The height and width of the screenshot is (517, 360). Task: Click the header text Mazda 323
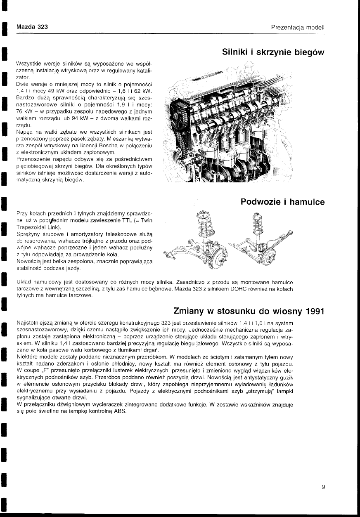click(x=32, y=27)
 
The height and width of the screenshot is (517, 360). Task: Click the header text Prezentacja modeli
click(x=298, y=27)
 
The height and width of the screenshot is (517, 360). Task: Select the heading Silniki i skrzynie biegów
click(x=273, y=52)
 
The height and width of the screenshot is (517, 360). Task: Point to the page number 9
click(x=323, y=487)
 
